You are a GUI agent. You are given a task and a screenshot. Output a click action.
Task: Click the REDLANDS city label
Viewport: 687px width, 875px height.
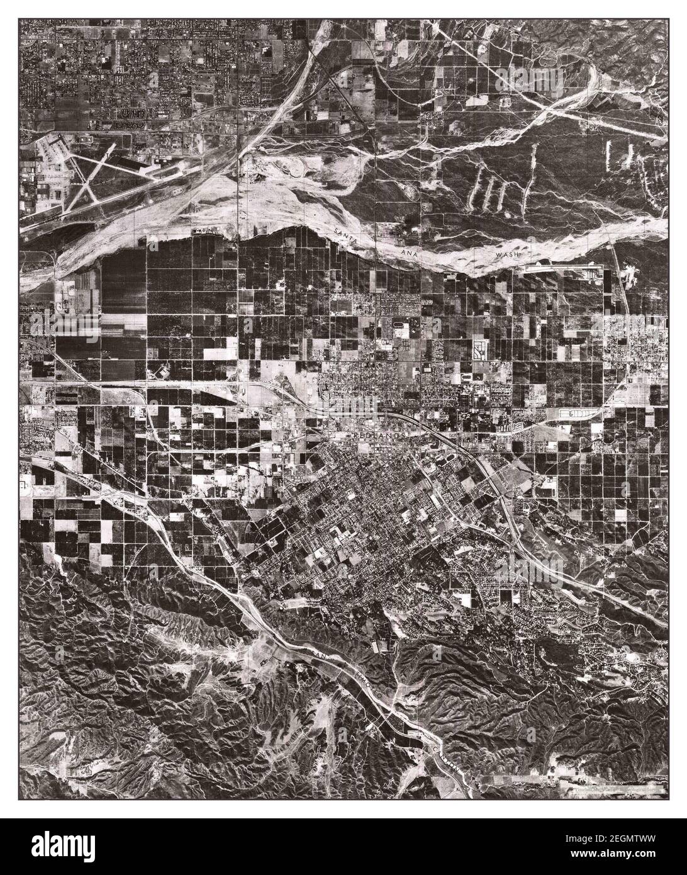click(376, 436)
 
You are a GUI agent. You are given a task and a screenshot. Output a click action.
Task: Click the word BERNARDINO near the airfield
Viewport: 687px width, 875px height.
click(69, 218)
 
